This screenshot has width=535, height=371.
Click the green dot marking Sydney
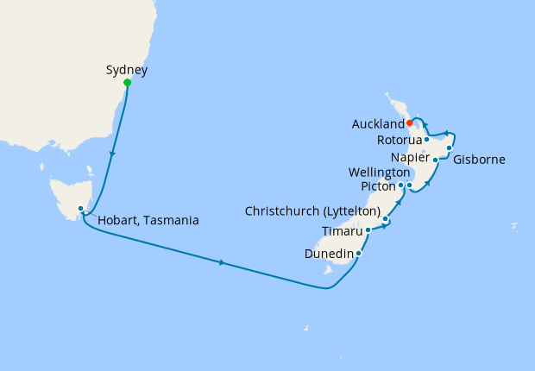tap(128, 83)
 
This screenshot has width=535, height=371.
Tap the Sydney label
tap(127, 69)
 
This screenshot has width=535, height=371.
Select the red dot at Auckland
tap(409, 123)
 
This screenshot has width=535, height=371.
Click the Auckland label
tap(378, 124)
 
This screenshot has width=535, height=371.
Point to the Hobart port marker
tap(80, 208)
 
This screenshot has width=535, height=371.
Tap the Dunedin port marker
tap(358, 254)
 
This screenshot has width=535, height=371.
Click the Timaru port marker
tap(368, 230)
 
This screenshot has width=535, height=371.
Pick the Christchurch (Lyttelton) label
tap(313, 211)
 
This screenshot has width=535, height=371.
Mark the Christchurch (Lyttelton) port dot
tap(386, 220)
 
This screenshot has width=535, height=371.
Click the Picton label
tap(378, 185)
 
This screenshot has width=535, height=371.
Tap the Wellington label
tap(379, 173)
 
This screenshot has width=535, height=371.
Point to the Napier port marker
tap(435, 160)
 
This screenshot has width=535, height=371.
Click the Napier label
tap(409, 158)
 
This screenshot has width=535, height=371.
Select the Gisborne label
tap(481, 160)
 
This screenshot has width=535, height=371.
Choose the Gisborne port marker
tap(450, 148)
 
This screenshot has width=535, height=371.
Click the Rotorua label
tap(400, 140)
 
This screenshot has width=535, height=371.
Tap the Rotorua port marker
tap(427, 139)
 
